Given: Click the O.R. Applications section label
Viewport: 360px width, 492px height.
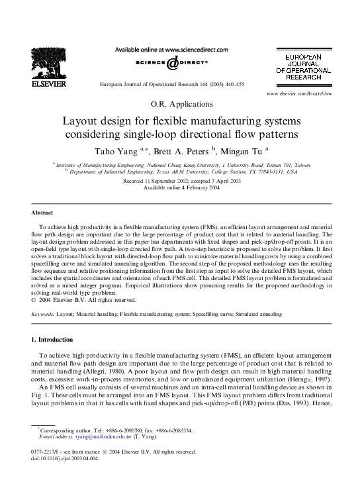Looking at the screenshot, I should pos(179,104).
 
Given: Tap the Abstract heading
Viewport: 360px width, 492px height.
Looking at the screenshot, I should pos(42,213).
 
